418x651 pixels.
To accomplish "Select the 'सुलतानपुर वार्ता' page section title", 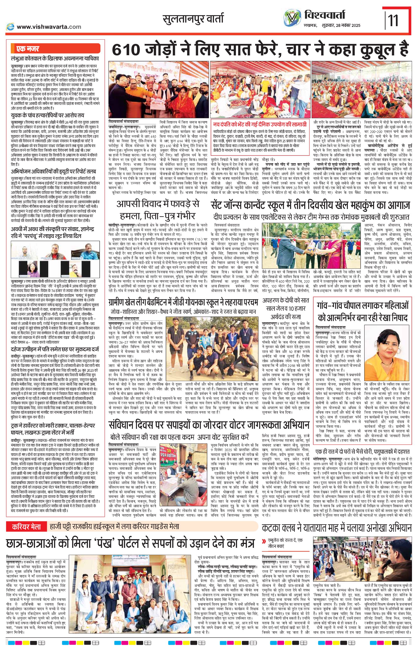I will tap(193, 19).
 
